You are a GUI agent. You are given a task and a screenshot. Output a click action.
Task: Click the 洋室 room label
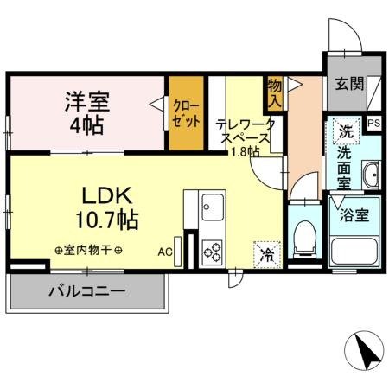click(x=86, y=99)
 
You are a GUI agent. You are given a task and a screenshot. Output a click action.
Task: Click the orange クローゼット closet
click(x=183, y=116)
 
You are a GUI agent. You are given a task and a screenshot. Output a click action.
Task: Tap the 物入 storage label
click(x=275, y=92)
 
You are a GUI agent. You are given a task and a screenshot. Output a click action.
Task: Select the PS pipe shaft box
click(x=373, y=123)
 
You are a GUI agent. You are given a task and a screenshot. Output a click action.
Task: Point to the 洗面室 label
click(x=344, y=168)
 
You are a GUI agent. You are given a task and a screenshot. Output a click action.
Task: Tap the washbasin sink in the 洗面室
click(x=371, y=174)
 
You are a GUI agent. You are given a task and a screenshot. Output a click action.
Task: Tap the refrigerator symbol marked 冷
click(x=265, y=253)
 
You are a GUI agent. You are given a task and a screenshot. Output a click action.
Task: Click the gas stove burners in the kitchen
click(x=213, y=251)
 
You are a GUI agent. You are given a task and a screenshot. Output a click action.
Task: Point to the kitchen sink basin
click(x=212, y=207)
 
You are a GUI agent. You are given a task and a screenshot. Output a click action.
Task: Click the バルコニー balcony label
click(x=86, y=291)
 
